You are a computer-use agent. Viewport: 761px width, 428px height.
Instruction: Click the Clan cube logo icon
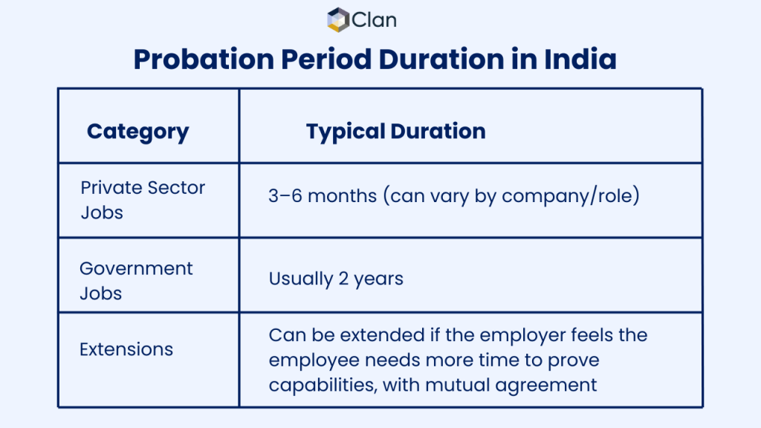click(338, 19)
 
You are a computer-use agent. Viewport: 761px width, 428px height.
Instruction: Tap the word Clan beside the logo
click(374, 20)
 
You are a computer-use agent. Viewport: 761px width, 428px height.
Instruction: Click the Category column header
click(137, 132)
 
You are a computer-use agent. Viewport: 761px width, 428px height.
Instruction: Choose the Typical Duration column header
click(395, 132)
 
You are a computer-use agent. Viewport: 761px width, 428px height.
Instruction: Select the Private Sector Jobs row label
click(142, 200)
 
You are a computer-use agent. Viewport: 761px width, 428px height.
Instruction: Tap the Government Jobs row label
click(136, 281)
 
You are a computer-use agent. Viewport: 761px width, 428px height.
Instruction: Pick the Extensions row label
click(126, 349)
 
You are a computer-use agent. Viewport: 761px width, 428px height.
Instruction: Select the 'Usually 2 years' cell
click(336, 279)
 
